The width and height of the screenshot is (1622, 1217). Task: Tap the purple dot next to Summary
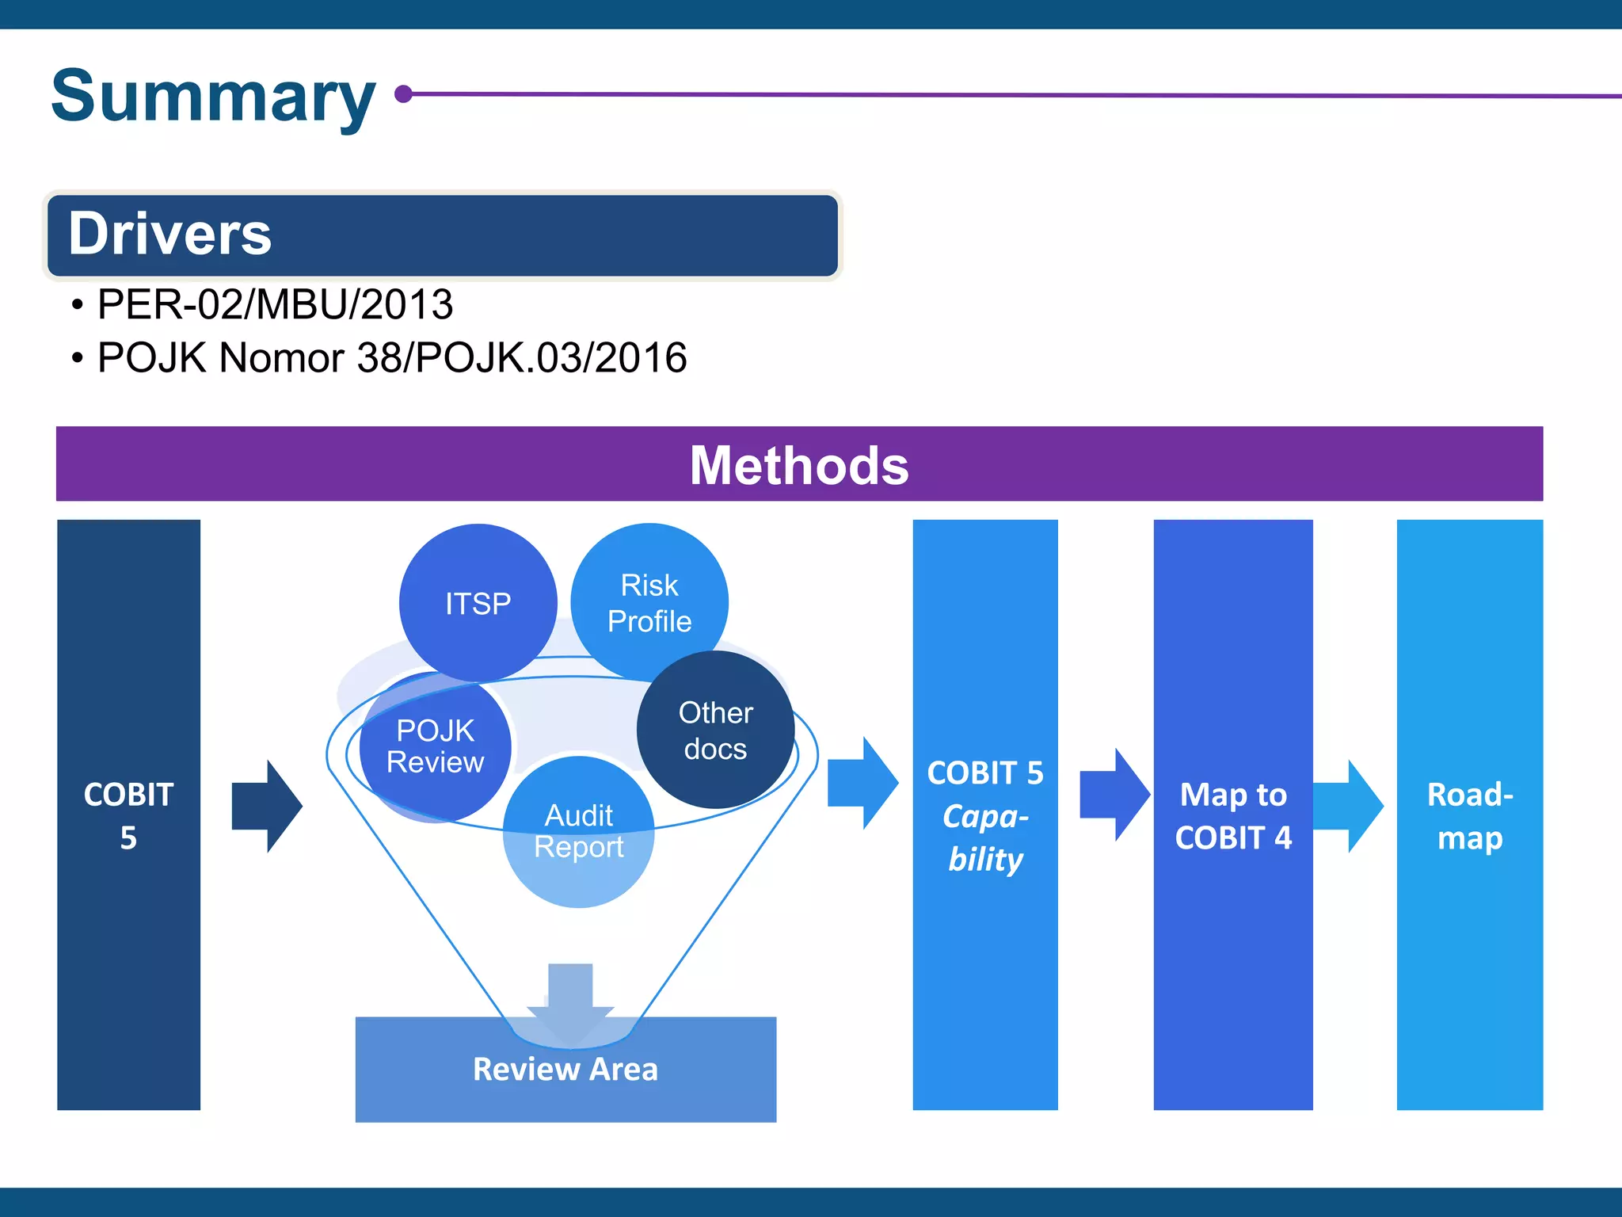pyautogui.click(x=404, y=94)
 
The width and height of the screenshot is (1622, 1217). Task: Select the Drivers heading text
pyautogui.click(x=169, y=234)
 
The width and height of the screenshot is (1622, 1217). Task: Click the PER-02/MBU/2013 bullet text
pyautogui.click(x=275, y=304)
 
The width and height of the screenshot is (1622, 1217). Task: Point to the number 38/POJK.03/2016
pyautogui.click(x=522, y=357)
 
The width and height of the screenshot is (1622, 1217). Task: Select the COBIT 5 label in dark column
pyautogui.click(x=128, y=815)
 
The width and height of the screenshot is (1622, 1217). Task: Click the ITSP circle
pyautogui.click(x=478, y=603)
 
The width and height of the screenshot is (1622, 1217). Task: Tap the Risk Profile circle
pyautogui.click(x=649, y=602)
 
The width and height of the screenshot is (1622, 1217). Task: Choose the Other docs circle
pyautogui.click(x=715, y=730)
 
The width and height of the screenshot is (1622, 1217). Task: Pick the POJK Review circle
pyautogui.click(x=435, y=746)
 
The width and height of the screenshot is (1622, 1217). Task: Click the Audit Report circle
pyautogui.click(x=579, y=831)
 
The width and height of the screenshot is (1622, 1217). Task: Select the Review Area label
pyautogui.click(x=565, y=1069)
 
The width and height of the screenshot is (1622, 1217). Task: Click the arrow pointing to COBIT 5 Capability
pyautogui.click(x=862, y=784)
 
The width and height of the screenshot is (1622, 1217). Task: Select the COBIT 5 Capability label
pyautogui.click(x=985, y=815)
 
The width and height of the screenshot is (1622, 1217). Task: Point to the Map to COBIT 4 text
pyautogui.click(x=1232, y=815)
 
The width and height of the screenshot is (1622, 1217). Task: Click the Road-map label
pyautogui.click(x=1469, y=815)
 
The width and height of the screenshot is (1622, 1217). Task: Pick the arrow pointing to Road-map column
pyautogui.click(x=1349, y=807)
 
